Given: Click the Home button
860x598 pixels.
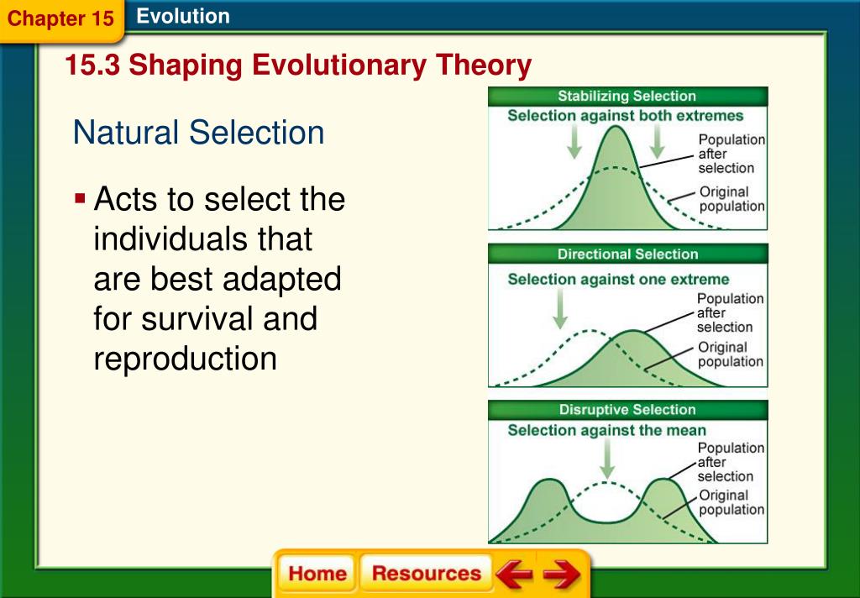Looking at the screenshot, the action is tap(317, 574).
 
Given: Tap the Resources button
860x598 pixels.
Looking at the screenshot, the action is tap(426, 574).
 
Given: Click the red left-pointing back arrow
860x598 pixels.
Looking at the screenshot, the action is tap(514, 574).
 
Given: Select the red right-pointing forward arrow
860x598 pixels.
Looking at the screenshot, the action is tap(562, 574).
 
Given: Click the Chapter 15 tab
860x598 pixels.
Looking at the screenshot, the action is tap(60, 18).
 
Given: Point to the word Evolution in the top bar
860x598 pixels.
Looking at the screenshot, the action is tap(183, 16).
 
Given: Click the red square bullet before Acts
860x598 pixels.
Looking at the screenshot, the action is tap(80, 198).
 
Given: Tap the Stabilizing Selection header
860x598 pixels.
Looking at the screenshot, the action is tap(627, 96).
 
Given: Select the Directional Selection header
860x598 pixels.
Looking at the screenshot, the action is tap(627, 254).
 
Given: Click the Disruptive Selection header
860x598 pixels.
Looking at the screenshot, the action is tap(627, 410).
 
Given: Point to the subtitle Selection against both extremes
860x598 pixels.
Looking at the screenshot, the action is tap(625, 116).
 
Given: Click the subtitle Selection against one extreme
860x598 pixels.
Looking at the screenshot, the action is tap(618, 279).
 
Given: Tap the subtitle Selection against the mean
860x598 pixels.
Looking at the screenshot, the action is tap(606, 430).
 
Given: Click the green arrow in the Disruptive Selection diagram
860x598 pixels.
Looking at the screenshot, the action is tap(606, 459).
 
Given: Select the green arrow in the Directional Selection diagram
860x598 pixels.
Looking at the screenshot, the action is tap(560, 309).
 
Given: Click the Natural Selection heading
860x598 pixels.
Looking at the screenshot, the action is tap(198, 133).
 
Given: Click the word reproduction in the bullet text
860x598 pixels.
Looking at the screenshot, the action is tap(185, 359).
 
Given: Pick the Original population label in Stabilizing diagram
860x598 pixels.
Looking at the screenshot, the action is tap(732, 199).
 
